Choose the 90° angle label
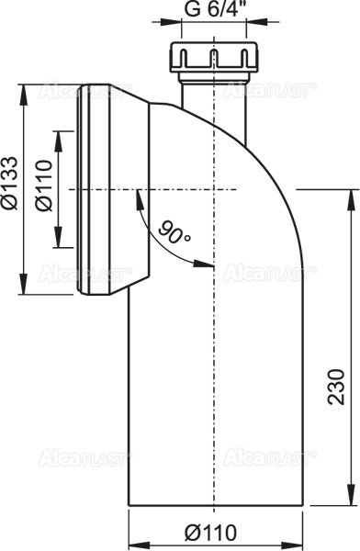[172, 231]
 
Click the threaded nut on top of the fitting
[212, 58]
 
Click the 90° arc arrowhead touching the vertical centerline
[208, 266]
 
